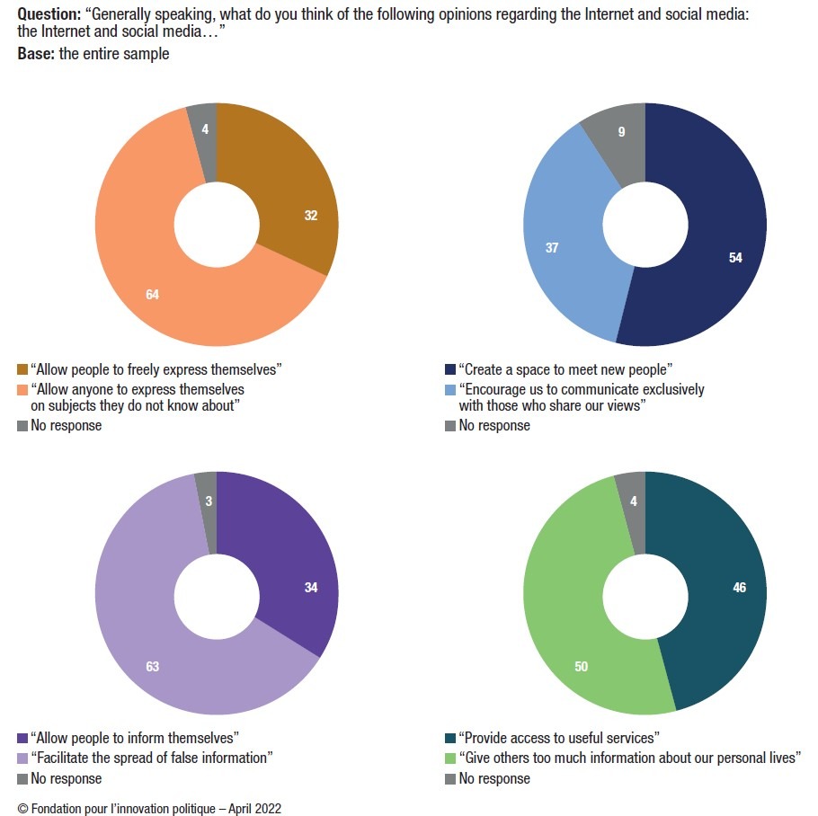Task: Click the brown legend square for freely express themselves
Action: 23,369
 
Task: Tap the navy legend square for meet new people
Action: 451,369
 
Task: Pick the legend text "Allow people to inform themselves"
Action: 135,738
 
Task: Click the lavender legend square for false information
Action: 23,758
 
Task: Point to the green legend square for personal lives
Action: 451,758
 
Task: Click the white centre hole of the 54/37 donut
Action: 645,225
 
